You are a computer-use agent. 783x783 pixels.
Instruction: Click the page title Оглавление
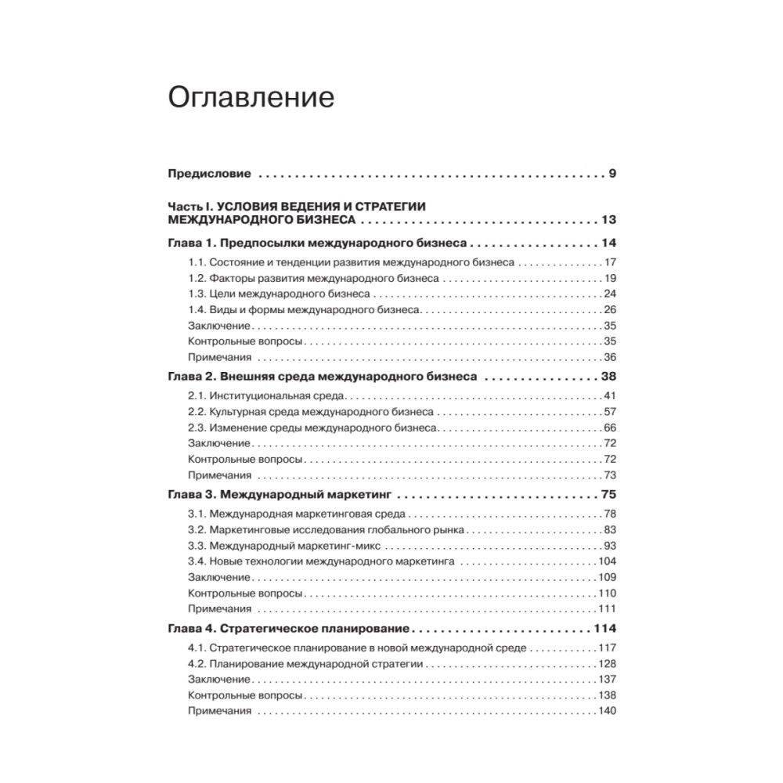coord(251,98)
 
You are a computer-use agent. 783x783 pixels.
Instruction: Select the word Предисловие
coord(209,173)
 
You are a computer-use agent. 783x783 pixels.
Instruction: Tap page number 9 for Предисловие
coord(612,173)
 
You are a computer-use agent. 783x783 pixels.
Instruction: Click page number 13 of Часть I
coord(608,219)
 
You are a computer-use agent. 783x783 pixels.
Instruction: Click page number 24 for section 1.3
coord(610,294)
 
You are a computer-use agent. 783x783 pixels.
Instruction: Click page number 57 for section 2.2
coord(610,412)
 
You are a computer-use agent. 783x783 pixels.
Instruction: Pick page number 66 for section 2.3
coord(610,428)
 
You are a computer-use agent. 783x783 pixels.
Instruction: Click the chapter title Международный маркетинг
coord(306,494)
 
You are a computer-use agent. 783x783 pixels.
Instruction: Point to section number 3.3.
coord(197,546)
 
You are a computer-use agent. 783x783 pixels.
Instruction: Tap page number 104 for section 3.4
coord(607,561)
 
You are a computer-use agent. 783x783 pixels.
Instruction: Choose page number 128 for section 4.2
coord(607,663)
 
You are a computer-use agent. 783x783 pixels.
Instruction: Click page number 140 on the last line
coord(607,711)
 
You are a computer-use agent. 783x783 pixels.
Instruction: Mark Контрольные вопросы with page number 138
coord(245,695)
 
